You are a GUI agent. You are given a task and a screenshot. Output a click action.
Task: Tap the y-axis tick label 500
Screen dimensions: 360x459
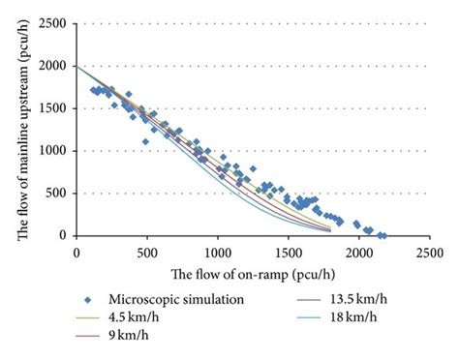(60, 194)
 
